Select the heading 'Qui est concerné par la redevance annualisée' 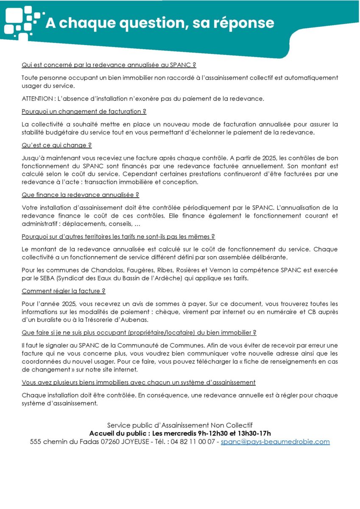(x=109, y=65)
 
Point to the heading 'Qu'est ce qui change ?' (x=56, y=145)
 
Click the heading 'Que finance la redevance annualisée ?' (x=80, y=195)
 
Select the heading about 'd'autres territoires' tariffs (x=118, y=236)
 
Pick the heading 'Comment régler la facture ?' (x=63, y=291)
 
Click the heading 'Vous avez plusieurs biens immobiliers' (x=138, y=382)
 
